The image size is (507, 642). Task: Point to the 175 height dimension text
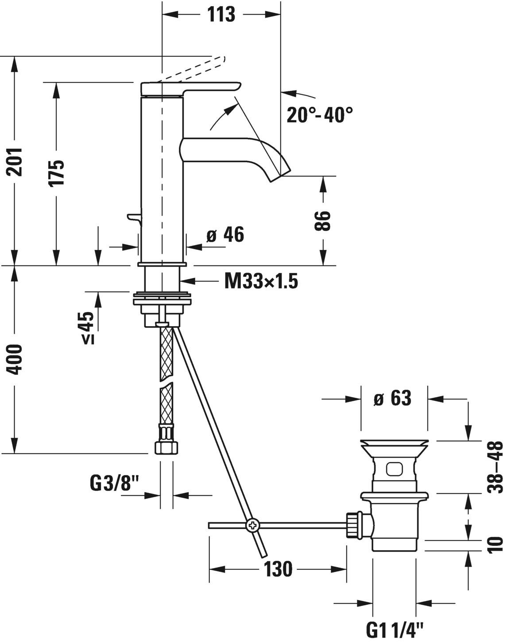pos(57,172)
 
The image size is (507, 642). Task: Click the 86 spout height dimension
pos(323,221)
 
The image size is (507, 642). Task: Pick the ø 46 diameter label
pos(225,235)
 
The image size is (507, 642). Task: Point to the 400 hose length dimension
pos(16,359)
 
